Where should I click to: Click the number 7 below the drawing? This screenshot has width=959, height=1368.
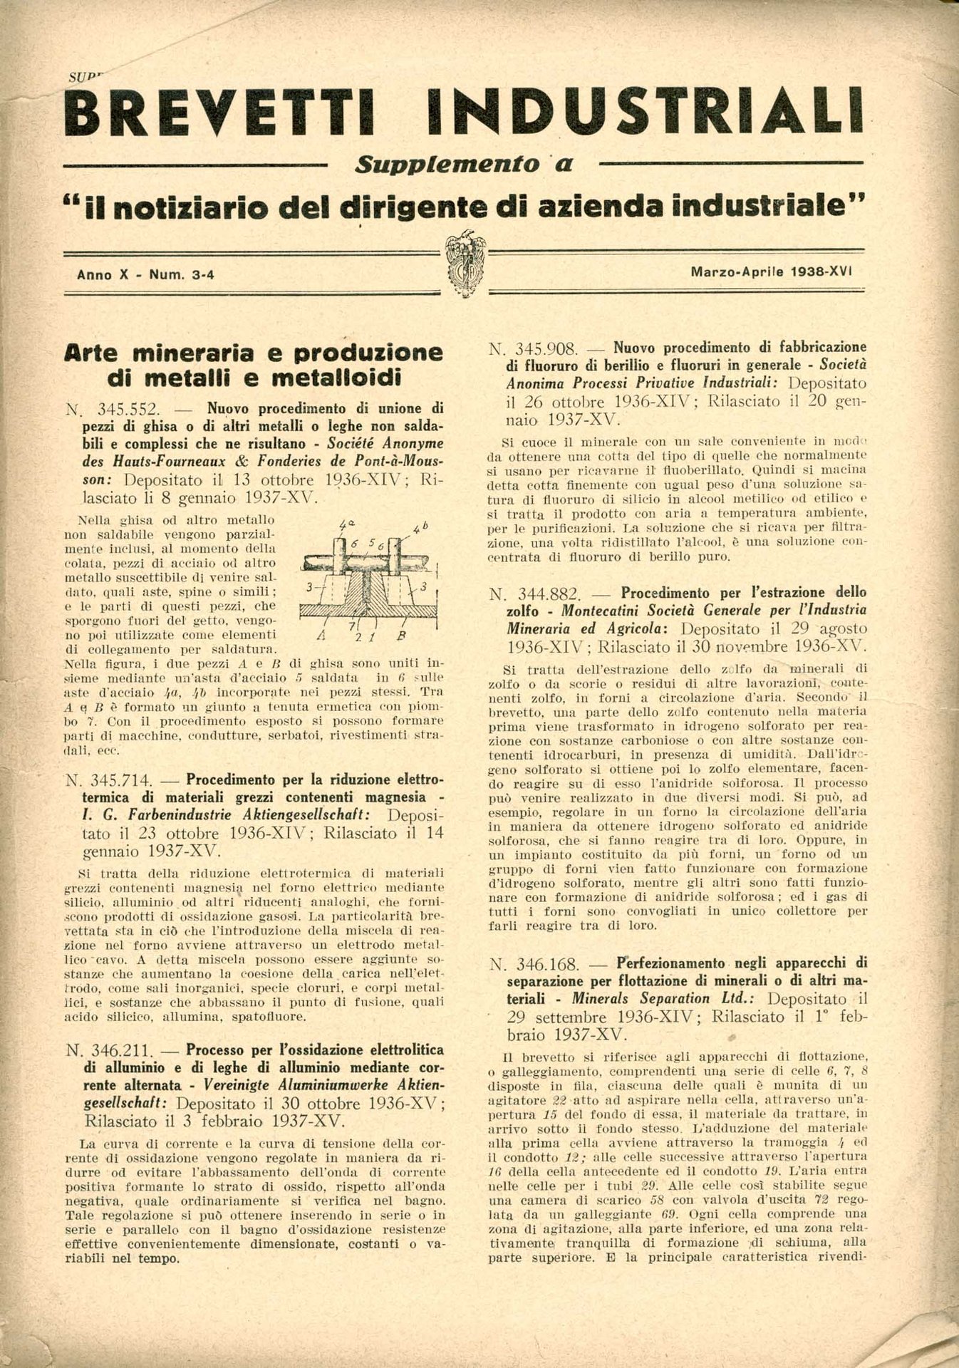pyautogui.click(x=351, y=625)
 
